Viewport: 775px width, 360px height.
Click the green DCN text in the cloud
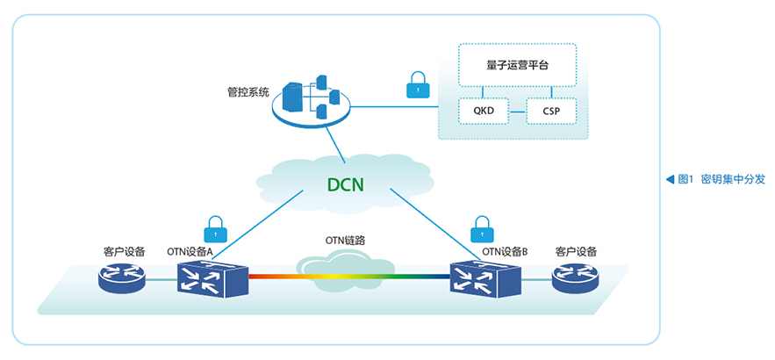(x=346, y=184)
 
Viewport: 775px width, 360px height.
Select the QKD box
(x=484, y=111)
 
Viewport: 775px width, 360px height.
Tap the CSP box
(x=551, y=111)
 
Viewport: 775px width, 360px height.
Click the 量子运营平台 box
(x=518, y=65)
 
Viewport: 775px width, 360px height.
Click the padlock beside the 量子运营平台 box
(x=418, y=84)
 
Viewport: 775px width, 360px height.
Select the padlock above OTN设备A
(x=216, y=228)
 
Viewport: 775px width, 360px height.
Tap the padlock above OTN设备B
(x=482, y=228)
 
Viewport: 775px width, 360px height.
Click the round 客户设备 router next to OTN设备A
(x=122, y=277)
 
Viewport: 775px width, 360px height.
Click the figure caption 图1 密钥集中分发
(x=721, y=179)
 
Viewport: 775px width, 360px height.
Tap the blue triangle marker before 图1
(x=671, y=179)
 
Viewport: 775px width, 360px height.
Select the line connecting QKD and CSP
(x=518, y=112)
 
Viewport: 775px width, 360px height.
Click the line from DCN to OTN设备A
(x=259, y=224)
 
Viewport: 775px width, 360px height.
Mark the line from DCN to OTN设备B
(x=436, y=224)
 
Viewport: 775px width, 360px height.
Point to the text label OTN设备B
(x=506, y=252)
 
